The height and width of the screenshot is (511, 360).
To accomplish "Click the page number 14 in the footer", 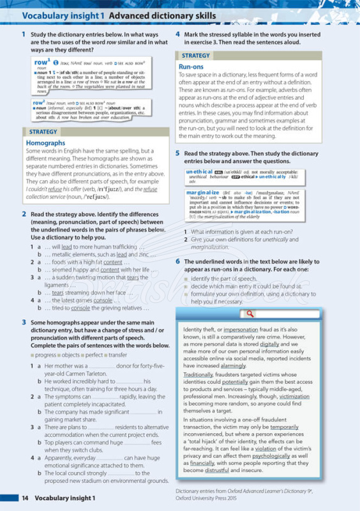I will [25, 498].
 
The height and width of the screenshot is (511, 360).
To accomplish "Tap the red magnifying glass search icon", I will [250, 314].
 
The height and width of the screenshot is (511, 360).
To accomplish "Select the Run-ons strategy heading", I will [191, 66].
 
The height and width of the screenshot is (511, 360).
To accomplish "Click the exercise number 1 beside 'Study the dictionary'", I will [24, 34].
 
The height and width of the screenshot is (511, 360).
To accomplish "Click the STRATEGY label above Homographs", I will [43, 132].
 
